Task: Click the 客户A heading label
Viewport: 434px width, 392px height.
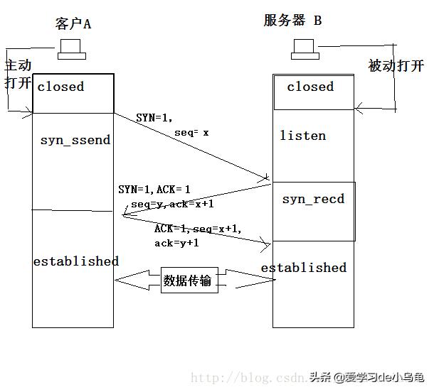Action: coord(73,23)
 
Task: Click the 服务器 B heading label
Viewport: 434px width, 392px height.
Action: coord(292,21)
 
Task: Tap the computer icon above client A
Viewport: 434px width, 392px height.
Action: coord(71,50)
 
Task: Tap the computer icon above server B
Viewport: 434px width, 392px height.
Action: coord(306,50)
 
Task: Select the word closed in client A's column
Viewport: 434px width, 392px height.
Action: coord(60,87)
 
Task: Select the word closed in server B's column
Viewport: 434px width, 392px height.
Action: coord(310,87)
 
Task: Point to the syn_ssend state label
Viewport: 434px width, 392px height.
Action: coord(75,140)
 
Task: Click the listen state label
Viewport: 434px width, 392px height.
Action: coord(302,136)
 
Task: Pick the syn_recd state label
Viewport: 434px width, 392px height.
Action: coord(313,199)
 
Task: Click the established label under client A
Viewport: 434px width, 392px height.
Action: coord(75,261)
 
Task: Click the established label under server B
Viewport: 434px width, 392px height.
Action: coord(304,268)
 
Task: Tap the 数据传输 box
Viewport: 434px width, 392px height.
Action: coord(188,281)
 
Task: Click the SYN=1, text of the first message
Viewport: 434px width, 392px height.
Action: coord(154,117)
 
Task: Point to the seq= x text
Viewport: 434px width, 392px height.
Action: coord(191,132)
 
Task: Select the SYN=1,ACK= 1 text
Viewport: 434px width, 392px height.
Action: coord(154,190)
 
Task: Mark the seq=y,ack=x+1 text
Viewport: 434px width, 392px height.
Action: coord(172,204)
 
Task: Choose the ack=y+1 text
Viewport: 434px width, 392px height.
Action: coord(176,243)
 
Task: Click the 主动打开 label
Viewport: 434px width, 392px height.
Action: coord(18,73)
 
